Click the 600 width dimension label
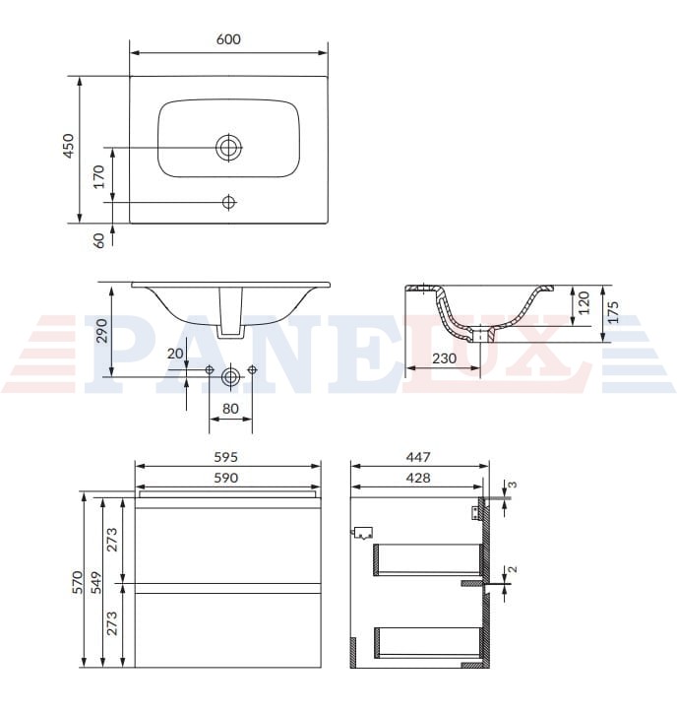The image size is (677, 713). tap(228, 39)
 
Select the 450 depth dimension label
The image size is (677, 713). tap(68, 146)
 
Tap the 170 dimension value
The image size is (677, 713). tap(98, 176)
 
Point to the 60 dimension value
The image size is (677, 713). tap(98, 240)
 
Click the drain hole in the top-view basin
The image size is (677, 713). tap(228, 148)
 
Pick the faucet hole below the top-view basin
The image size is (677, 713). tap(228, 202)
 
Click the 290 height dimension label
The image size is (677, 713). tap(101, 331)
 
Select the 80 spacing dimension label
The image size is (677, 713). tap(230, 409)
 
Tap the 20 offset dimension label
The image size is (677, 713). tap(175, 354)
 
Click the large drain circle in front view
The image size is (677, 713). tap(230, 376)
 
